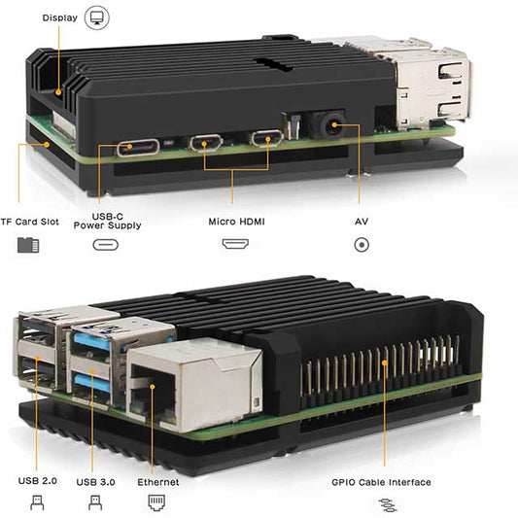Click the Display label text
pos(60,17)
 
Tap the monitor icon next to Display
pos(97,17)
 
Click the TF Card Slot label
pos(29,222)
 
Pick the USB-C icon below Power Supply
pos(106,244)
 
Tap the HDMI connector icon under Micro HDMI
pos(234,244)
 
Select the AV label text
pos(362,222)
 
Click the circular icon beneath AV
pos(362,244)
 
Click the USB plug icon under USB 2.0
pos(37,503)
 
